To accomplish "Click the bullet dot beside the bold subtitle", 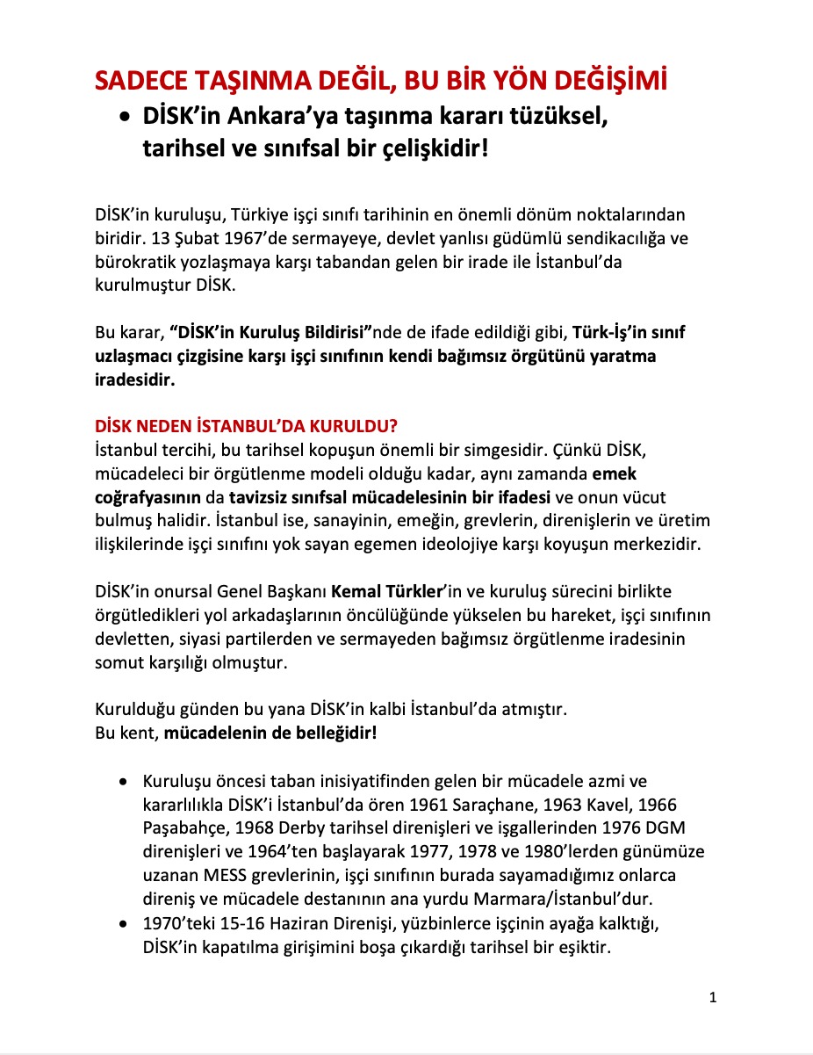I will [126, 118].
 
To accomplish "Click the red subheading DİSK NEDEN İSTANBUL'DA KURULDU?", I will [247, 428].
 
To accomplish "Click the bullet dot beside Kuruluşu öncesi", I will [126, 781].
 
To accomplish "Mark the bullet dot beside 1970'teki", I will [126, 923].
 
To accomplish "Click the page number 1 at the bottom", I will [713, 998].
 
